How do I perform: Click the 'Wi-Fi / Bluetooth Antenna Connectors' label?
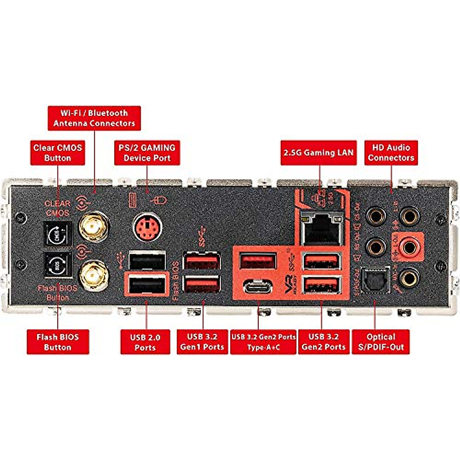94,118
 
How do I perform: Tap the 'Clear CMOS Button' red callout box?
58,153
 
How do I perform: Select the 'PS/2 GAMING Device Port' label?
147,153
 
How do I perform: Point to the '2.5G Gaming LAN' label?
319,153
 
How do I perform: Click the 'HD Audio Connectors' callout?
391,153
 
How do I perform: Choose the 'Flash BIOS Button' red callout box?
58,342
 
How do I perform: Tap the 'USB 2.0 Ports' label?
145,342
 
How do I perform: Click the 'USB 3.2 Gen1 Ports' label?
202,342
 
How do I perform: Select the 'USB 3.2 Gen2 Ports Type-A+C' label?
263,342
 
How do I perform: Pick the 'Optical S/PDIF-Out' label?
381,342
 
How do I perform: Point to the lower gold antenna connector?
94,275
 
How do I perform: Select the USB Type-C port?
258,286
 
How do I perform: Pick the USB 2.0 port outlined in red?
147,285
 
